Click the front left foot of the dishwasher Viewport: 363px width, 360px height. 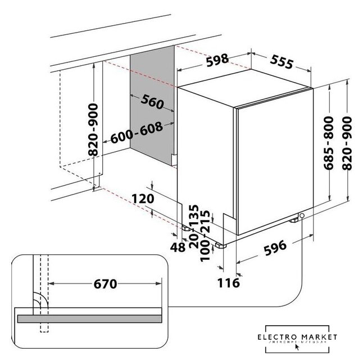[x=220, y=246]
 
